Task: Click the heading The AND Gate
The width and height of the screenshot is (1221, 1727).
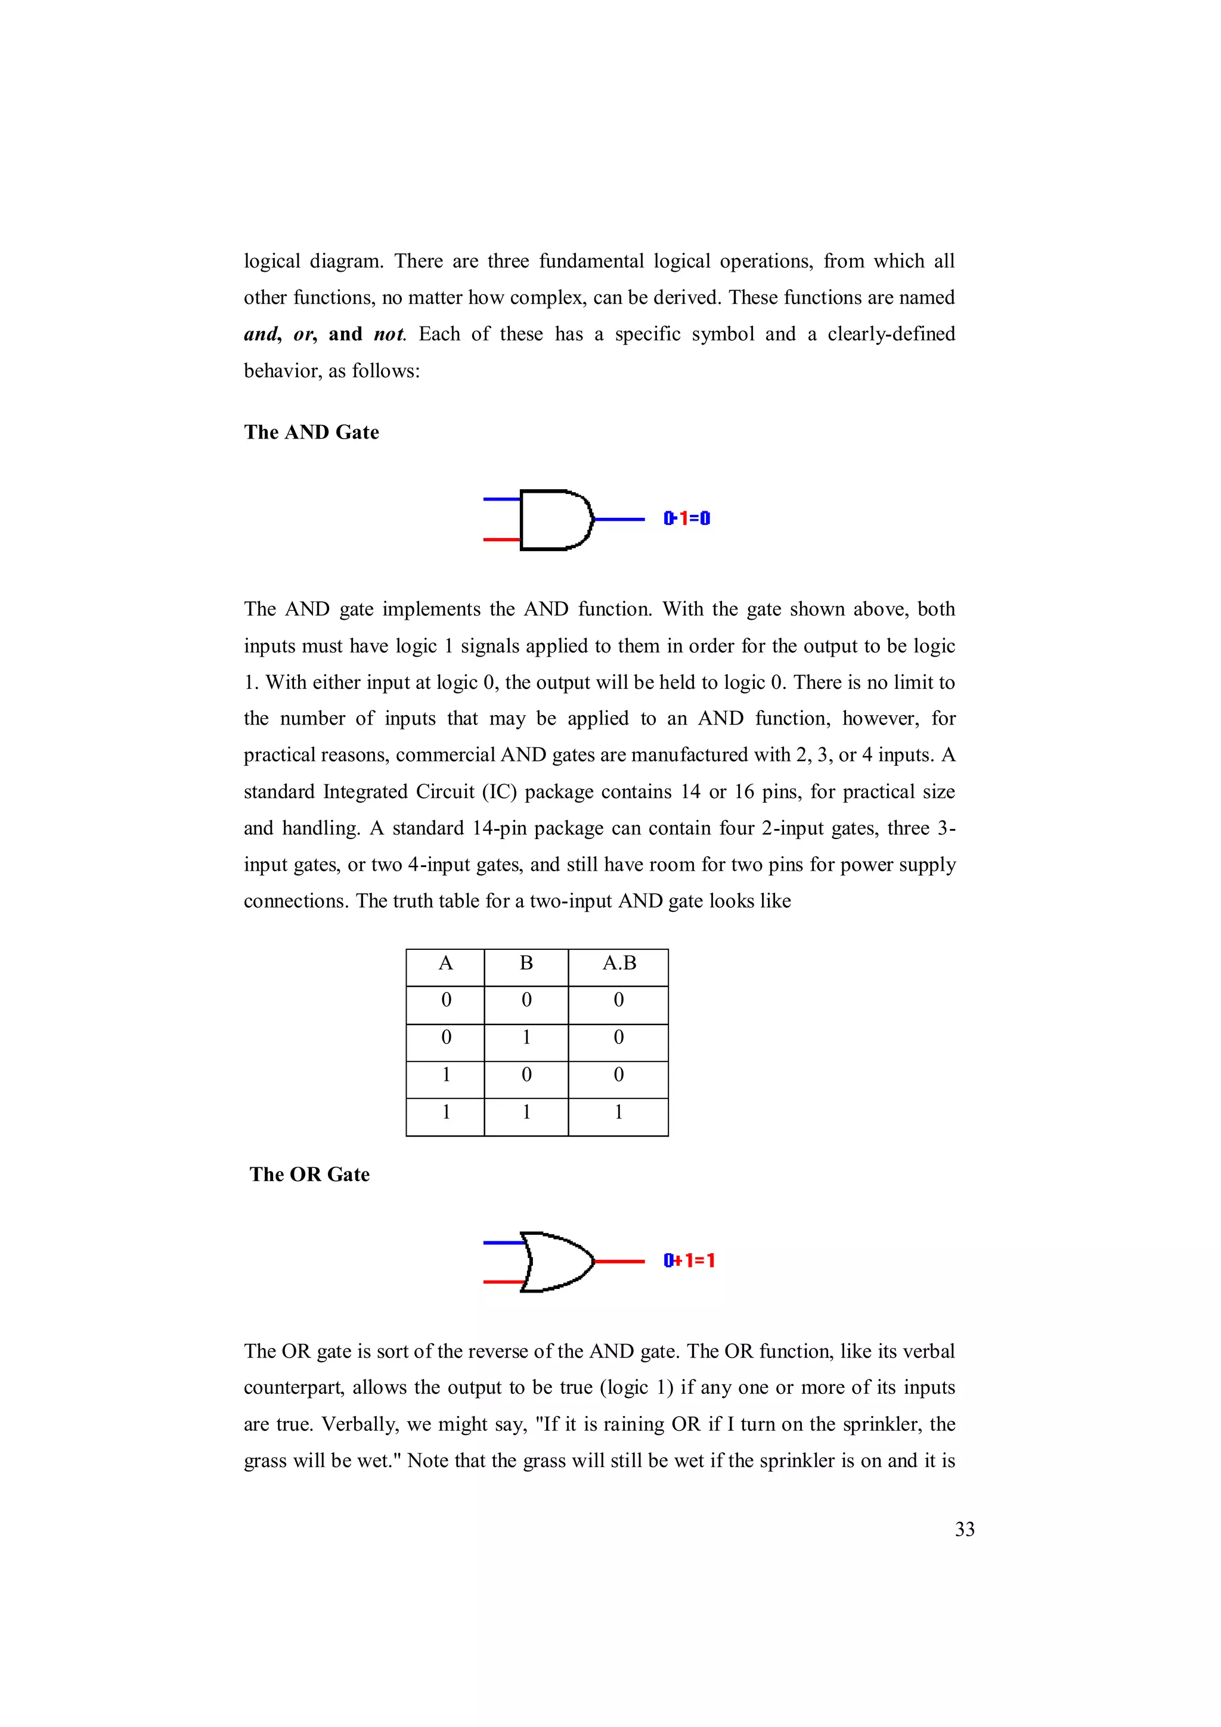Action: [311, 433]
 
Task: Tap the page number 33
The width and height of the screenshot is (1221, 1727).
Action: [965, 1529]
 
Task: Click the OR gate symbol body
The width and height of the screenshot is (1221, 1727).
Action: [557, 1262]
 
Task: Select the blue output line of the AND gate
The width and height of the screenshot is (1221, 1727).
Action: [619, 519]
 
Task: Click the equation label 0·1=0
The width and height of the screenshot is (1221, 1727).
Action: [687, 518]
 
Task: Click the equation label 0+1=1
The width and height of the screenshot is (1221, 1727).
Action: [689, 1260]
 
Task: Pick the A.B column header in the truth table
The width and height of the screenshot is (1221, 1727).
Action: [618, 964]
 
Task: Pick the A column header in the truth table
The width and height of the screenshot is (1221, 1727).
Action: [445, 964]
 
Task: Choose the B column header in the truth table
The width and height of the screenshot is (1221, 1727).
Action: [526, 964]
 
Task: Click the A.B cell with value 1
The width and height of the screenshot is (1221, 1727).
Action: [618, 1112]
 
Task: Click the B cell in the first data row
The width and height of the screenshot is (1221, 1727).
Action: [526, 1001]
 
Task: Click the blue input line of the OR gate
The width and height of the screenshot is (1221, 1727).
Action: [503, 1242]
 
